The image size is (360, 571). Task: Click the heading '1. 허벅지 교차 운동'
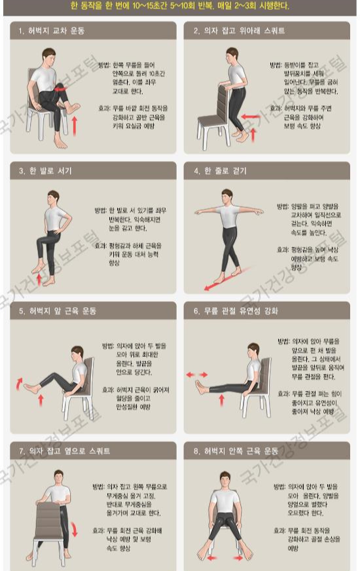(52, 31)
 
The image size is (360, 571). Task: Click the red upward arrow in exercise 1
(74, 124)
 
